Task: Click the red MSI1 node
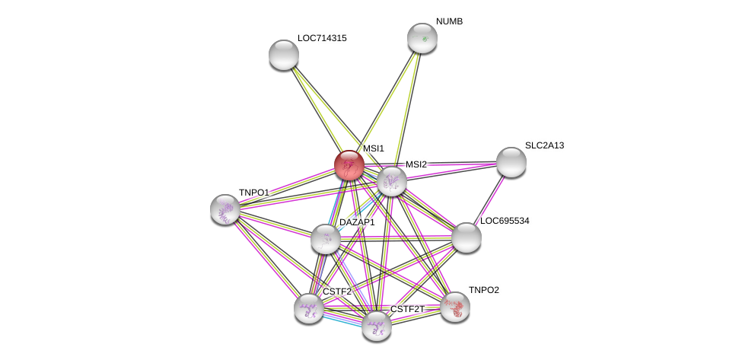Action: pyautogui.click(x=349, y=165)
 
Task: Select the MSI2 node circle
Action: pyautogui.click(x=392, y=181)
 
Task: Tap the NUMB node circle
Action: pyautogui.click(x=422, y=38)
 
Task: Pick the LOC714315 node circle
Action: pyautogui.click(x=284, y=55)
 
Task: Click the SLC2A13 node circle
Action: pyautogui.click(x=511, y=162)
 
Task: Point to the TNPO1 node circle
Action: pyautogui.click(x=225, y=209)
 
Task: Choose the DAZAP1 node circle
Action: pyautogui.click(x=326, y=239)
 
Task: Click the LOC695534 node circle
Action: pyautogui.click(x=467, y=237)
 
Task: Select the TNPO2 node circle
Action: pyautogui.click(x=455, y=307)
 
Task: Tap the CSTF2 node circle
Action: pyautogui.click(x=309, y=308)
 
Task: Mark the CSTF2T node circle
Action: pyautogui.click(x=377, y=326)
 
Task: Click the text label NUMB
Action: pyautogui.click(x=449, y=21)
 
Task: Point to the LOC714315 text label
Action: pyautogui.click(x=322, y=38)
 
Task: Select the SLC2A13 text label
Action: pyautogui.click(x=544, y=145)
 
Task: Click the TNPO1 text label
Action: pyautogui.click(x=254, y=193)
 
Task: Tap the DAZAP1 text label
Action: pyautogui.click(x=357, y=222)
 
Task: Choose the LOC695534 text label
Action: pyautogui.click(x=504, y=221)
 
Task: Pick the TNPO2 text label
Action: pyautogui.click(x=483, y=290)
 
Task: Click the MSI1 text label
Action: pyautogui.click(x=373, y=148)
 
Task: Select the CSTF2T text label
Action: pyautogui.click(x=407, y=309)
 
